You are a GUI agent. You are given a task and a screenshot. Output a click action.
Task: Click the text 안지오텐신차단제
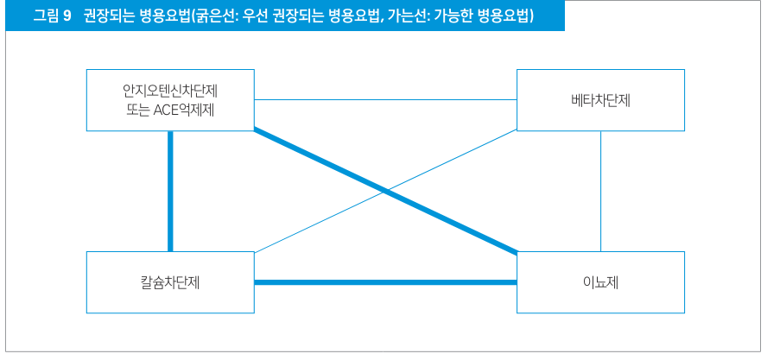tap(170, 91)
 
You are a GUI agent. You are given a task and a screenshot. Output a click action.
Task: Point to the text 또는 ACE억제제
tap(170, 110)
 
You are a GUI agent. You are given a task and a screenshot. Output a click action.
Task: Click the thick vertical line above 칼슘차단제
tap(170, 192)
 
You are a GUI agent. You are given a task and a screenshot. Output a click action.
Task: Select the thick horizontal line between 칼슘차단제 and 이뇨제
tap(385, 282)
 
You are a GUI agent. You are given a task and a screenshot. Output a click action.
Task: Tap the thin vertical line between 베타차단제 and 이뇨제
tap(600, 192)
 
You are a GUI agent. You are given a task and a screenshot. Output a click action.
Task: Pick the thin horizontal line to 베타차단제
tap(385, 100)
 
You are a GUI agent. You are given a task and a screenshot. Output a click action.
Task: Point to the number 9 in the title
tap(67, 16)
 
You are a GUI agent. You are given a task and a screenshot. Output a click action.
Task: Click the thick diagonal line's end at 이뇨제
tap(517, 253)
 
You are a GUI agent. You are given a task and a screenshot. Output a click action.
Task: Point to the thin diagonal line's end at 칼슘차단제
tap(255, 253)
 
